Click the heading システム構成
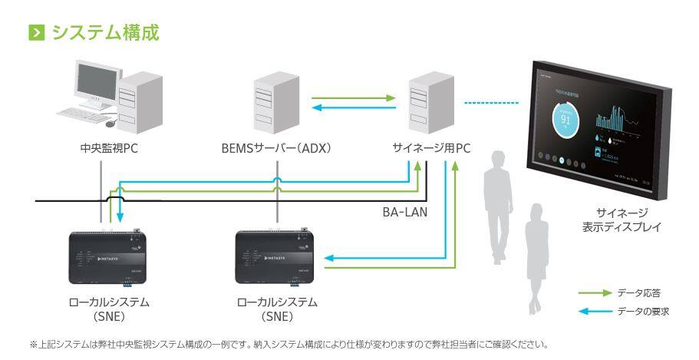coord(107,33)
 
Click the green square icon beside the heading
coord(35,33)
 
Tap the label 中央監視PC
coord(103,149)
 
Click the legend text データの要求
coord(643,310)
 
